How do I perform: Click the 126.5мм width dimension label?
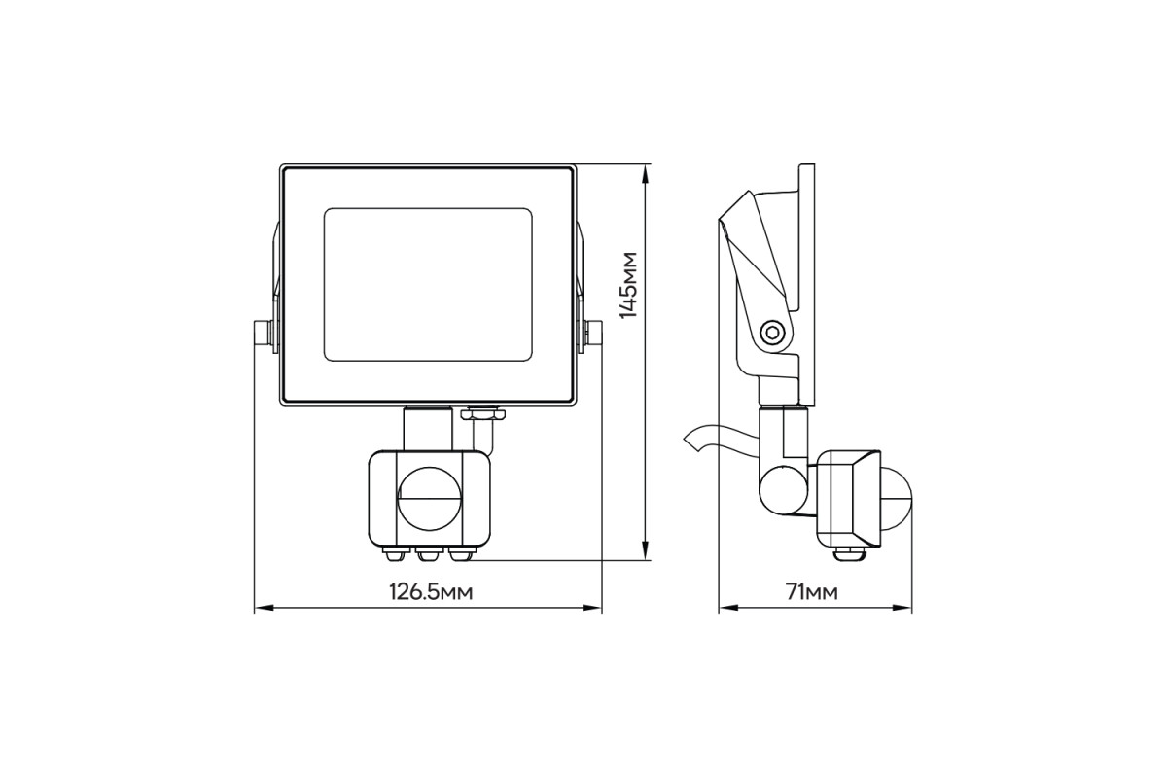432,592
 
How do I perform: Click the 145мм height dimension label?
628,285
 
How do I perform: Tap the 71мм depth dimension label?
812,592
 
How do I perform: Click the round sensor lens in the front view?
429,498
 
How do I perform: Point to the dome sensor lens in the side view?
897,498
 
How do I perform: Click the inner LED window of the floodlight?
428,285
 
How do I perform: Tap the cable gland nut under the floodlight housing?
483,413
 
